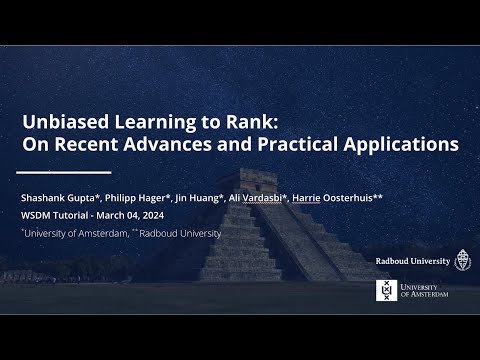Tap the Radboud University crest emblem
(462, 260)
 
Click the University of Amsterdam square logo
(385, 290)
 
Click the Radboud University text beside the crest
(412, 261)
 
